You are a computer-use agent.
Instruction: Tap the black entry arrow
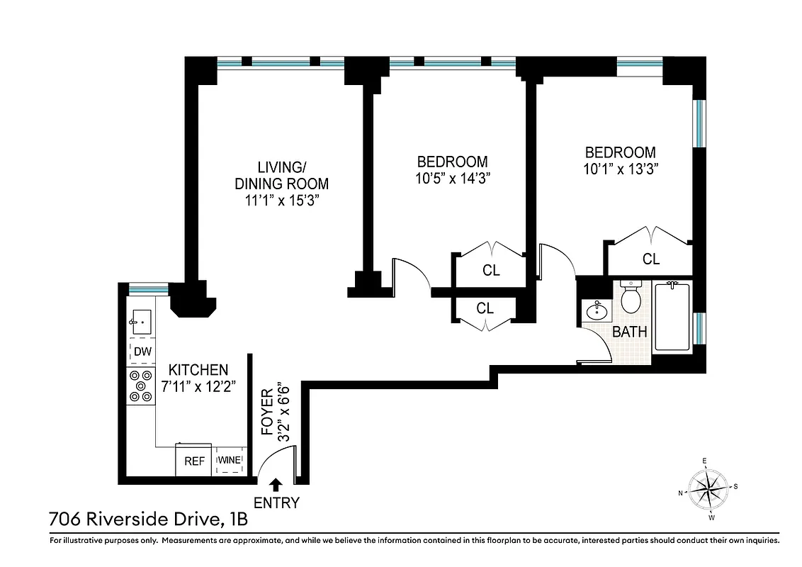click(276, 484)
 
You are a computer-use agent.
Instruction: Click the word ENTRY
click(276, 503)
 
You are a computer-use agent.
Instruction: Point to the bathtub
click(672, 316)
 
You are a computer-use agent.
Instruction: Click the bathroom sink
click(597, 310)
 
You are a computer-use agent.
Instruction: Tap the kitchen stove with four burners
click(140, 386)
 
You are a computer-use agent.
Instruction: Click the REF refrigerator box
click(195, 461)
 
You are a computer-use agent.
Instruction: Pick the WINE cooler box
click(230, 461)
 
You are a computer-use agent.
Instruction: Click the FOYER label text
click(267, 410)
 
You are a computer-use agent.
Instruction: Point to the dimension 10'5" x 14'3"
click(453, 178)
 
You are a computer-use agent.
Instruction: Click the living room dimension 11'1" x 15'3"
click(281, 200)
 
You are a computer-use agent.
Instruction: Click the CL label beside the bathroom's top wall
click(650, 259)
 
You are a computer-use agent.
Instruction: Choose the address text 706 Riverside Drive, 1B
click(149, 520)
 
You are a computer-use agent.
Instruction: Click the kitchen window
click(148, 288)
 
